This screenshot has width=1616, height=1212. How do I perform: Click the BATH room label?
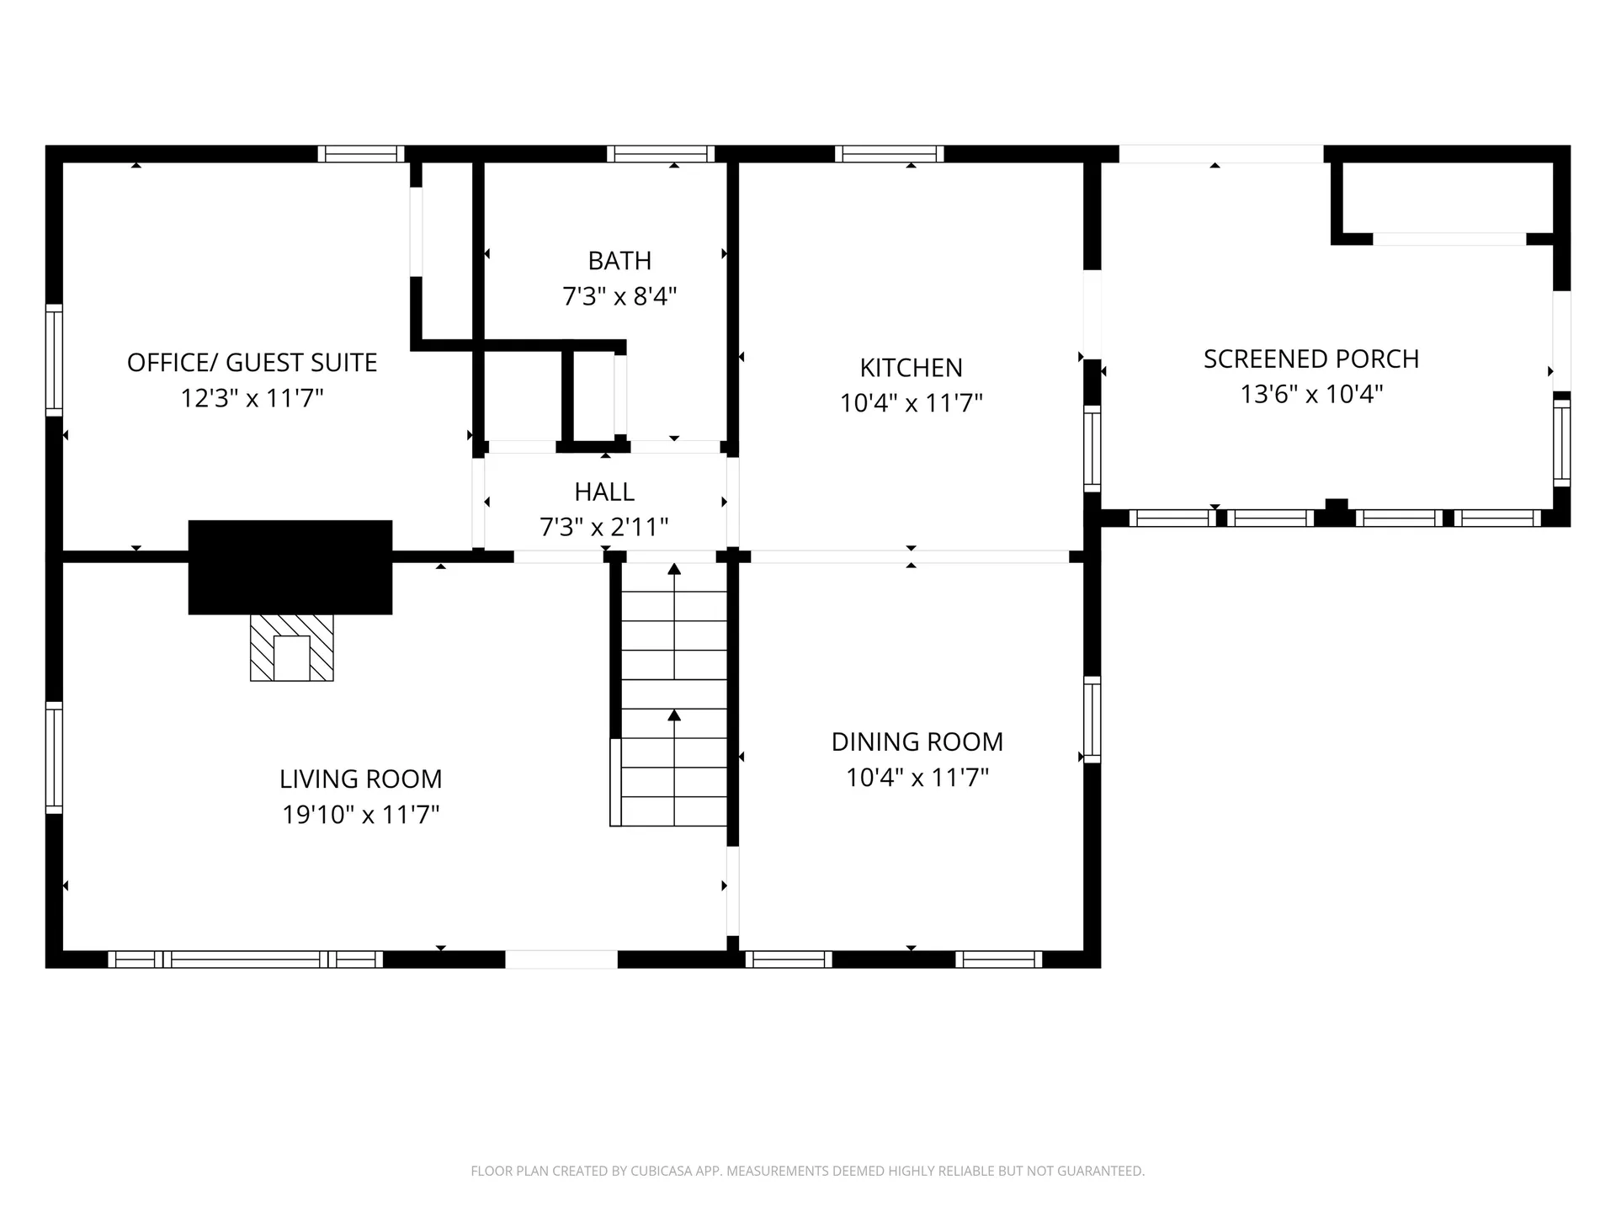pyautogui.click(x=619, y=261)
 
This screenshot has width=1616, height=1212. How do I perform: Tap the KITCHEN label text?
pyautogui.click(x=911, y=368)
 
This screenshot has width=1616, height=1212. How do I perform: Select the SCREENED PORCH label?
pyautogui.click(x=1311, y=359)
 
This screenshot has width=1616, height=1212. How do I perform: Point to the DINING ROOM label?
pyautogui.click(x=917, y=742)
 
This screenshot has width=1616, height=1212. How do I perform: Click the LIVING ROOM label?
pyautogui.click(x=361, y=779)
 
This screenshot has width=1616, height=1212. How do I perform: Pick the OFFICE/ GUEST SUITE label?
pyautogui.click(x=252, y=363)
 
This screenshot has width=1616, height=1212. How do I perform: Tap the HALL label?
pyautogui.click(x=604, y=492)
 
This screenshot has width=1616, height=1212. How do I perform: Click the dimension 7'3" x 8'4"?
pyautogui.click(x=619, y=296)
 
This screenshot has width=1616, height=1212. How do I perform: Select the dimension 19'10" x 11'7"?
pyautogui.click(x=361, y=815)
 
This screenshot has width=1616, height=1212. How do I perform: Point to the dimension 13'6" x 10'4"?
pyautogui.click(x=1311, y=394)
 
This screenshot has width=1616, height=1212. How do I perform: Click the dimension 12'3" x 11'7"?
pyautogui.click(x=252, y=397)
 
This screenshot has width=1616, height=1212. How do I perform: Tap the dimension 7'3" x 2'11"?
pyautogui.click(x=604, y=527)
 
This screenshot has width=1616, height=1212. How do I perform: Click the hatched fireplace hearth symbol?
pyautogui.click(x=292, y=647)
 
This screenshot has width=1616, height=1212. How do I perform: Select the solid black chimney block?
pyautogui.click(x=290, y=567)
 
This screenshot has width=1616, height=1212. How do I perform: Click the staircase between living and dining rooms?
pyautogui.click(x=673, y=694)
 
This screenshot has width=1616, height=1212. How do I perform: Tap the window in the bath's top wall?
pyautogui.click(x=661, y=154)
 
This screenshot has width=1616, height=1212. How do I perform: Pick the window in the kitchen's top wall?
pyautogui.click(x=890, y=154)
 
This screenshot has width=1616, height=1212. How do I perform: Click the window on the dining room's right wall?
pyautogui.click(x=1092, y=720)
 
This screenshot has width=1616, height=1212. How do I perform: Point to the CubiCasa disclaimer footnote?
pyautogui.click(x=808, y=1171)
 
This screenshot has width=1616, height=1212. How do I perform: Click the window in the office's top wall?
pyautogui.click(x=361, y=154)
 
